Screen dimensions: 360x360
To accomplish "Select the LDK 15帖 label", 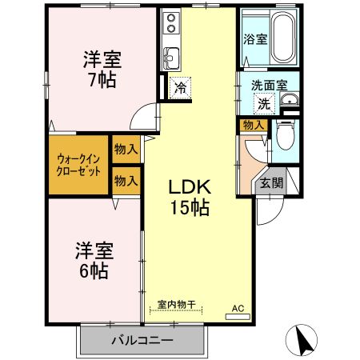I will pyautogui.click(x=189, y=197).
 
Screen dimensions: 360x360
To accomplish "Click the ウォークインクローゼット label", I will pyautogui.click(x=78, y=163).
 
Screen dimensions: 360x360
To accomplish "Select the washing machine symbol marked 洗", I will pyautogui.click(x=263, y=102).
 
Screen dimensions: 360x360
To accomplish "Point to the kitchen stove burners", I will pyautogui.click(x=172, y=25).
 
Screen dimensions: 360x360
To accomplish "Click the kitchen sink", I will pyautogui.click(x=170, y=57).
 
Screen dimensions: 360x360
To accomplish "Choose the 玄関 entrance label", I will pyautogui.click(x=271, y=182).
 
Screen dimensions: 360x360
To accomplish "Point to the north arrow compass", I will pyautogui.click(x=305, y=340).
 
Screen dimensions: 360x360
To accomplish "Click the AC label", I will pyautogui.click(x=238, y=307).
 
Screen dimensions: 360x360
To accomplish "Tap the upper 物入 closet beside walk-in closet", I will pyautogui.click(x=126, y=149).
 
